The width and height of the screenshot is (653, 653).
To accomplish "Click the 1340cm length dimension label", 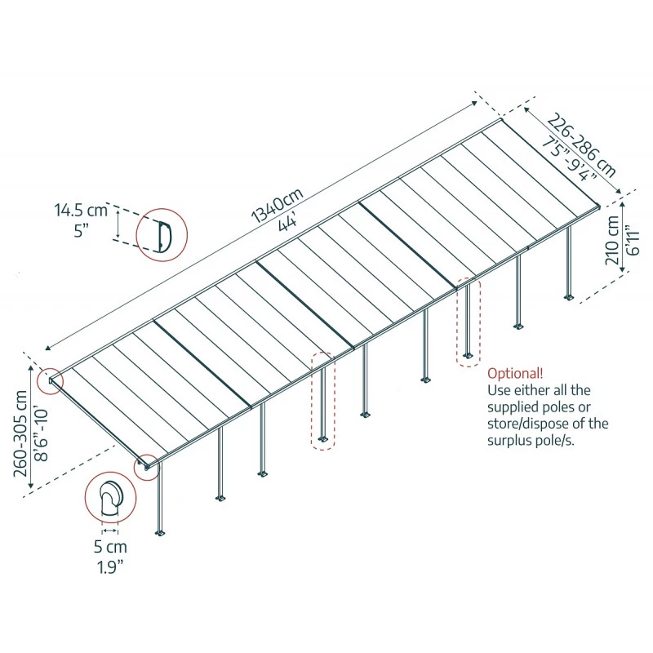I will coord(277,205).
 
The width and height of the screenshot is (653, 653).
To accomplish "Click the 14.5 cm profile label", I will coord(81,211).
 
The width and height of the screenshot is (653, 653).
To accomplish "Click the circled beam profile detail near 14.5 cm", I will coord(161,235).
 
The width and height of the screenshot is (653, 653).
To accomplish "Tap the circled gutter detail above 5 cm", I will coord(107,498).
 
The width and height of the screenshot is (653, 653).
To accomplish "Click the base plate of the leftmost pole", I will coord(159,533).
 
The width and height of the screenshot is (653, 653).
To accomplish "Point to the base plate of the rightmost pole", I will coord(569,296).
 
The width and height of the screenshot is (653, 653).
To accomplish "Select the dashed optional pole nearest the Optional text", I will coord(468,322).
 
